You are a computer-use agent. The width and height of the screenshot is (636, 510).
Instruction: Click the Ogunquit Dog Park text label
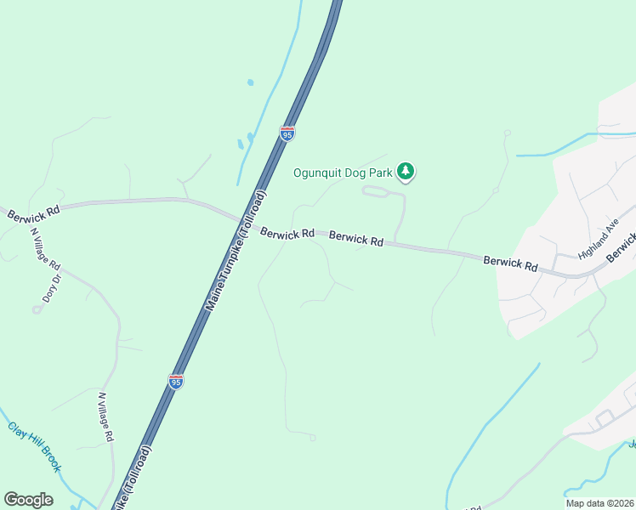343,173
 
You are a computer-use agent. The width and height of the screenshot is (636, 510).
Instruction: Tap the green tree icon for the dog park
406,173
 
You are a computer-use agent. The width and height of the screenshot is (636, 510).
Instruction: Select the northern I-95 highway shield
287,133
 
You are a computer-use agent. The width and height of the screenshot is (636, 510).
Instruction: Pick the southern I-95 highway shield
176,382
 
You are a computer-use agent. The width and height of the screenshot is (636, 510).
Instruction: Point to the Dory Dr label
52,288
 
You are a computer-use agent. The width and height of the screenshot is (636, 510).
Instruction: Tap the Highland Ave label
597,241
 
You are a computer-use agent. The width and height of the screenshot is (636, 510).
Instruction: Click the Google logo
28,499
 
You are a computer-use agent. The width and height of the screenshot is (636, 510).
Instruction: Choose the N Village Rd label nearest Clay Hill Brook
106,416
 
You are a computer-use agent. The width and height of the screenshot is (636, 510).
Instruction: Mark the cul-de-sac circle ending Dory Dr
37,310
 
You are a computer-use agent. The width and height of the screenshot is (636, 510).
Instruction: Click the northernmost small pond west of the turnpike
249,82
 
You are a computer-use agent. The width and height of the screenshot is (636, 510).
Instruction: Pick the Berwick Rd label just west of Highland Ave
510,263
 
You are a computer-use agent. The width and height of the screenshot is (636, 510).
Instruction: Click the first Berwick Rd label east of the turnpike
287,232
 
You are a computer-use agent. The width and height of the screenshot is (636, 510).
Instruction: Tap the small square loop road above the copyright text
605,418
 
